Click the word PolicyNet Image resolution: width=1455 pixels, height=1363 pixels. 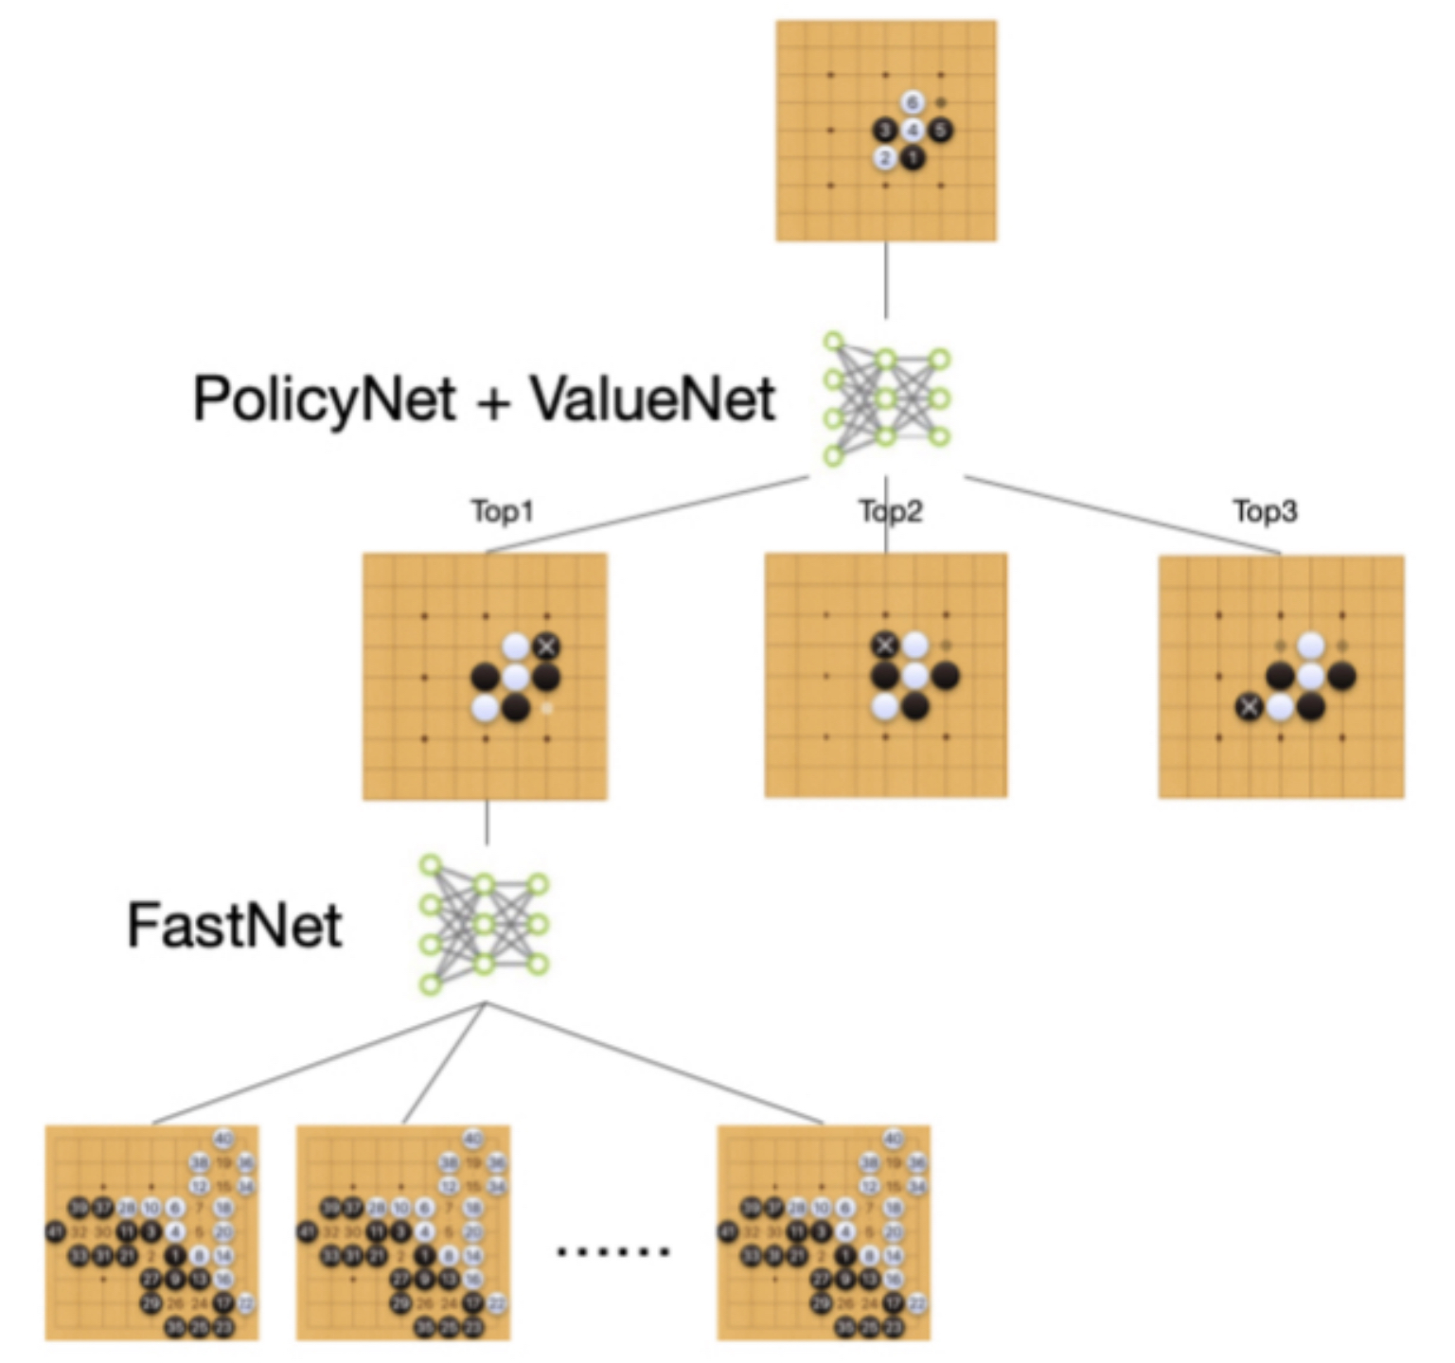point(324,398)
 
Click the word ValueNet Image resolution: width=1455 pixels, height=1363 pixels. point(652,398)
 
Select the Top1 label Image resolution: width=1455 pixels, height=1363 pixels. point(503,511)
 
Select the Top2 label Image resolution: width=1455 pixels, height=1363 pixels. point(890,511)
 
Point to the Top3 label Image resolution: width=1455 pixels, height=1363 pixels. point(1265,511)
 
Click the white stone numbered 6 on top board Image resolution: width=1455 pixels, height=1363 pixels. point(913,102)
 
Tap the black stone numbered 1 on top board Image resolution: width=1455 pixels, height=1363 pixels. point(913,157)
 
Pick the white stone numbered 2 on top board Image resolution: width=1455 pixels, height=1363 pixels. point(885,157)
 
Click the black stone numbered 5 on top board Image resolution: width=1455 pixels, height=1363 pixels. point(940,130)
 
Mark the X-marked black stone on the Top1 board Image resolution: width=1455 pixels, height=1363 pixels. point(546,646)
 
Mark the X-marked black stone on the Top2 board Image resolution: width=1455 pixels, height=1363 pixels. point(885,646)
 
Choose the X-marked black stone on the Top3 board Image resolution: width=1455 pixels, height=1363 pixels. point(1250,706)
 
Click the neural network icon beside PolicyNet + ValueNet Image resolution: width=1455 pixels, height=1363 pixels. point(886,398)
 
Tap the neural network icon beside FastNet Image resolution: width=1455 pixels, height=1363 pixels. point(484,925)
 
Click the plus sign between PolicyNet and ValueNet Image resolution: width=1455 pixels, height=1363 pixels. point(492,400)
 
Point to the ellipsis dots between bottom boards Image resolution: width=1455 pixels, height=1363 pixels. point(612,1251)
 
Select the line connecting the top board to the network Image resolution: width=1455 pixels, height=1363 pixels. point(886,280)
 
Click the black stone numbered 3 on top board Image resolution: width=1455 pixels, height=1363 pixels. point(885,130)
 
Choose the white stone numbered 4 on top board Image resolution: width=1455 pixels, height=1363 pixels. point(913,130)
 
